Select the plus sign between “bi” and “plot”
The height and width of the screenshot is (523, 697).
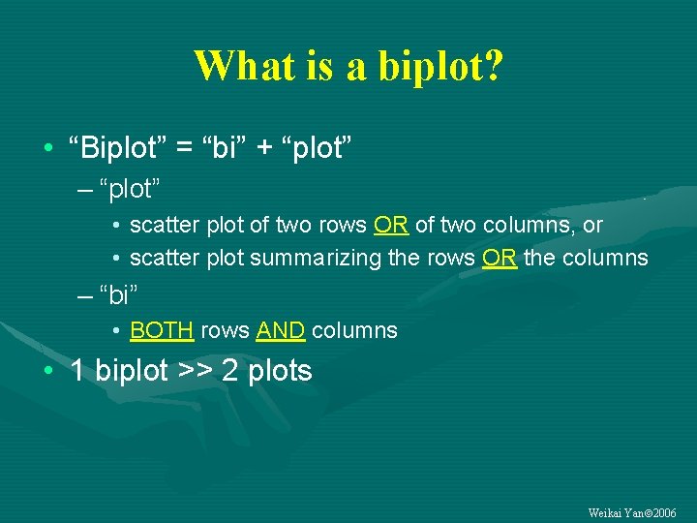click(x=261, y=148)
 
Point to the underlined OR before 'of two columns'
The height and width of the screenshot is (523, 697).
click(x=391, y=226)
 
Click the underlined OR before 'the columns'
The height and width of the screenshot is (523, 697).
click(x=499, y=259)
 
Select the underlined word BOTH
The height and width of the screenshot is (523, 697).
click(x=162, y=330)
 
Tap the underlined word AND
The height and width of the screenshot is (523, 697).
click(x=281, y=330)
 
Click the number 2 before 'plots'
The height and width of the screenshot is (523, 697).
click(x=230, y=371)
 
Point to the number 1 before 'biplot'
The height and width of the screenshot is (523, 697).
click(x=78, y=371)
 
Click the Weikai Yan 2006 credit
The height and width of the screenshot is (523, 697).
click(x=633, y=511)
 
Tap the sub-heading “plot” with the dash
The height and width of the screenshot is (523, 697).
click(x=119, y=188)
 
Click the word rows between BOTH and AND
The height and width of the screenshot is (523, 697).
click(x=226, y=330)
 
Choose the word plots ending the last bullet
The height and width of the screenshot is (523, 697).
click(x=279, y=371)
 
